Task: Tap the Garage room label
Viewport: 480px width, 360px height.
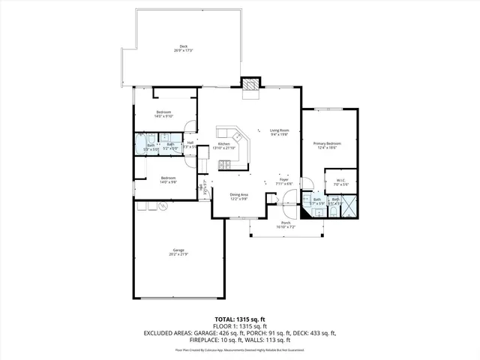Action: (178, 251)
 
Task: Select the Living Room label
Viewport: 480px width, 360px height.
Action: (280, 132)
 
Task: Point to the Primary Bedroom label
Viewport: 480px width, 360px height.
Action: (328, 145)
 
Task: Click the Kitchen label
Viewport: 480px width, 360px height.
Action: (223, 145)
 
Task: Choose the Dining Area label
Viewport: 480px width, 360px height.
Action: (238, 196)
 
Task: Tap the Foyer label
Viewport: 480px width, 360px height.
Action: (284, 181)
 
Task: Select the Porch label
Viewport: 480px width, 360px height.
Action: (286, 224)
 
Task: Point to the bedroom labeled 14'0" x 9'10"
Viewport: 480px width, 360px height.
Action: (163, 114)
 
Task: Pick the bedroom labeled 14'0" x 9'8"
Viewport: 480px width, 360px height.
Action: (168, 180)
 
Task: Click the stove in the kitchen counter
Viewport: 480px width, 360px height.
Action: (240, 137)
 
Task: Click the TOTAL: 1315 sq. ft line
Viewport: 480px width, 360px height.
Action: (239, 319)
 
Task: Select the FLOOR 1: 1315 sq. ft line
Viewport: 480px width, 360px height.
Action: (239, 326)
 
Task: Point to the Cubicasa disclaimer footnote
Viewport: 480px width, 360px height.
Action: (239, 349)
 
